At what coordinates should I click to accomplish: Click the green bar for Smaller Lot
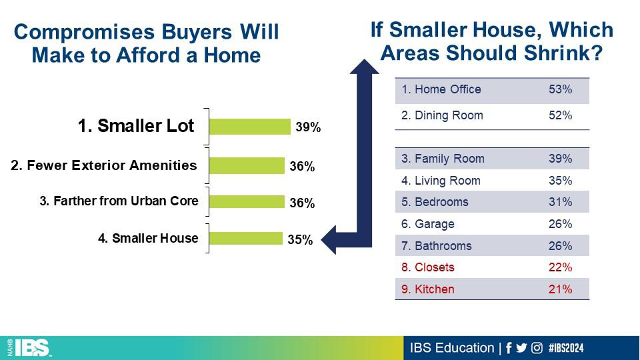pos(250,127)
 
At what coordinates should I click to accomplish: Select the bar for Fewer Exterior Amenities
pos(247,166)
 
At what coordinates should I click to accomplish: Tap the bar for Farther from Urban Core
pos(247,201)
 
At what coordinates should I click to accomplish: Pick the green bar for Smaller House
pos(246,239)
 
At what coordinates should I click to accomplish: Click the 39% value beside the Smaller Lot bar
pos(308,127)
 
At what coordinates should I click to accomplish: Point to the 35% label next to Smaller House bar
pos(300,239)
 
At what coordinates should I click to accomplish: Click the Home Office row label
pos(441,89)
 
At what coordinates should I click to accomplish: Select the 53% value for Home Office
pos(560,89)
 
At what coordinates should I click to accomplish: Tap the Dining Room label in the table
pos(442,115)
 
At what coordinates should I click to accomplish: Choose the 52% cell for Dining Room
pos(560,115)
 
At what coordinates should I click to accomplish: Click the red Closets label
pos(428,267)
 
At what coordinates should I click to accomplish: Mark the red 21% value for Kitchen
pos(560,289)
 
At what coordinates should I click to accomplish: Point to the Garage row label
pos(428,224)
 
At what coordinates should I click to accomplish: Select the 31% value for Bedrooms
pos(560,202)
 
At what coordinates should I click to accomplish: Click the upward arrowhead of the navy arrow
pos(364,67)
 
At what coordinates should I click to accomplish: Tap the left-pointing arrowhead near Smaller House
pos(329,239)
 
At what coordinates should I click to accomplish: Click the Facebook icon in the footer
pos(509,348)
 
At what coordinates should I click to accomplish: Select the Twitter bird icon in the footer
pos(521,348)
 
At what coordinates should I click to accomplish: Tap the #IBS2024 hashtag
pos(566,348)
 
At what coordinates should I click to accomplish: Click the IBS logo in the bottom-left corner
pos(29,348)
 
